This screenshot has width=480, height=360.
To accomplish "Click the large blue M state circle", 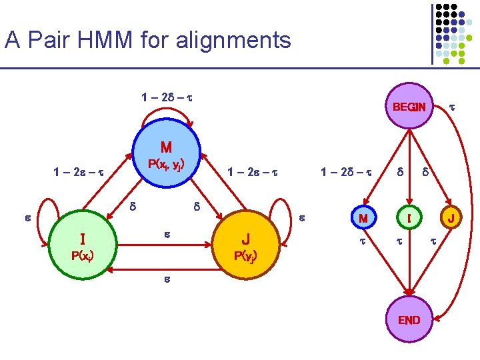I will click(166, 153).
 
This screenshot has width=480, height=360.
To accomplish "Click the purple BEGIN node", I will click(409, 107).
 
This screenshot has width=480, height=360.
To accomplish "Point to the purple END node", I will click(409, 320).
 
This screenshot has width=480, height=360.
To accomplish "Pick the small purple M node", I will click(363, 218).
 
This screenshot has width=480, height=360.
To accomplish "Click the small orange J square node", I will click(451, 218).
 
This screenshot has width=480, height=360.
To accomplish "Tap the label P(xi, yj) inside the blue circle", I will click(166, 164).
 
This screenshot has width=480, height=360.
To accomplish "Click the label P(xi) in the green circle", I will click(83, 255).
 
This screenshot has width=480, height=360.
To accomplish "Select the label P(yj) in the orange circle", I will click(246, 256).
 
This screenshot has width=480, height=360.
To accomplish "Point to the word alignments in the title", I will click(233, 41).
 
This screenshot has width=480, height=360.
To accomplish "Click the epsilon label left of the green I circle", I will click(27, 217).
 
